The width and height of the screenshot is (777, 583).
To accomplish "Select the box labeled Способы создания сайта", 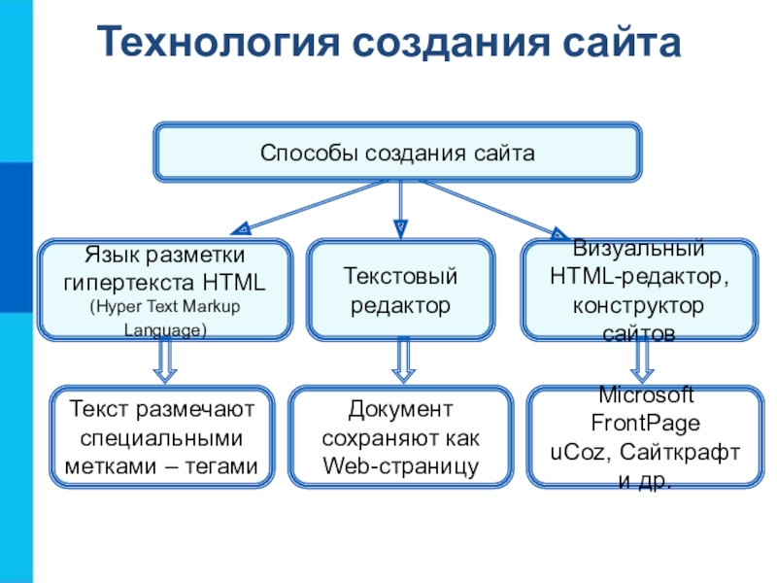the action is coord(397,153).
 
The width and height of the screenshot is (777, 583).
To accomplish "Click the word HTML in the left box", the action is coord(233,283).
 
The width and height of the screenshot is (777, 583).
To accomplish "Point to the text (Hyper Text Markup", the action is coord(165,307).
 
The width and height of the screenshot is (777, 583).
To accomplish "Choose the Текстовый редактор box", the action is coord(400,290).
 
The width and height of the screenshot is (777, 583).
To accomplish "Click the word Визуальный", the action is coord(638,248).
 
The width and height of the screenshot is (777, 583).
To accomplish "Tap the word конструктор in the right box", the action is coord(638,305).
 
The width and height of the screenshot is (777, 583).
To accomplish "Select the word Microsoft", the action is coord(646,395).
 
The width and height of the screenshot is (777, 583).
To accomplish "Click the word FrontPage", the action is coord(646,424).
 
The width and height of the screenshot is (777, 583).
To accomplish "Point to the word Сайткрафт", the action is coord(679,452).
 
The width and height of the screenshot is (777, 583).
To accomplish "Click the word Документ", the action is coord(400,409).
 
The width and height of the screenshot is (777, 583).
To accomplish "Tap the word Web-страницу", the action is coord(400,466).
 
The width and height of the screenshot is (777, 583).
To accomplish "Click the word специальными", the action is coord(161,439).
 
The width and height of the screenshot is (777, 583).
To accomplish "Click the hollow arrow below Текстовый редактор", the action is coord(403,360).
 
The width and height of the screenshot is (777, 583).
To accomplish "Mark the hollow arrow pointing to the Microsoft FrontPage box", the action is coord(642,360).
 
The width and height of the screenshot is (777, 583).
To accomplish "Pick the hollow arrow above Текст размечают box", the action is coord(165,360).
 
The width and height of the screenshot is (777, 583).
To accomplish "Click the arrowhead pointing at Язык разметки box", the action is coord(242,228).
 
